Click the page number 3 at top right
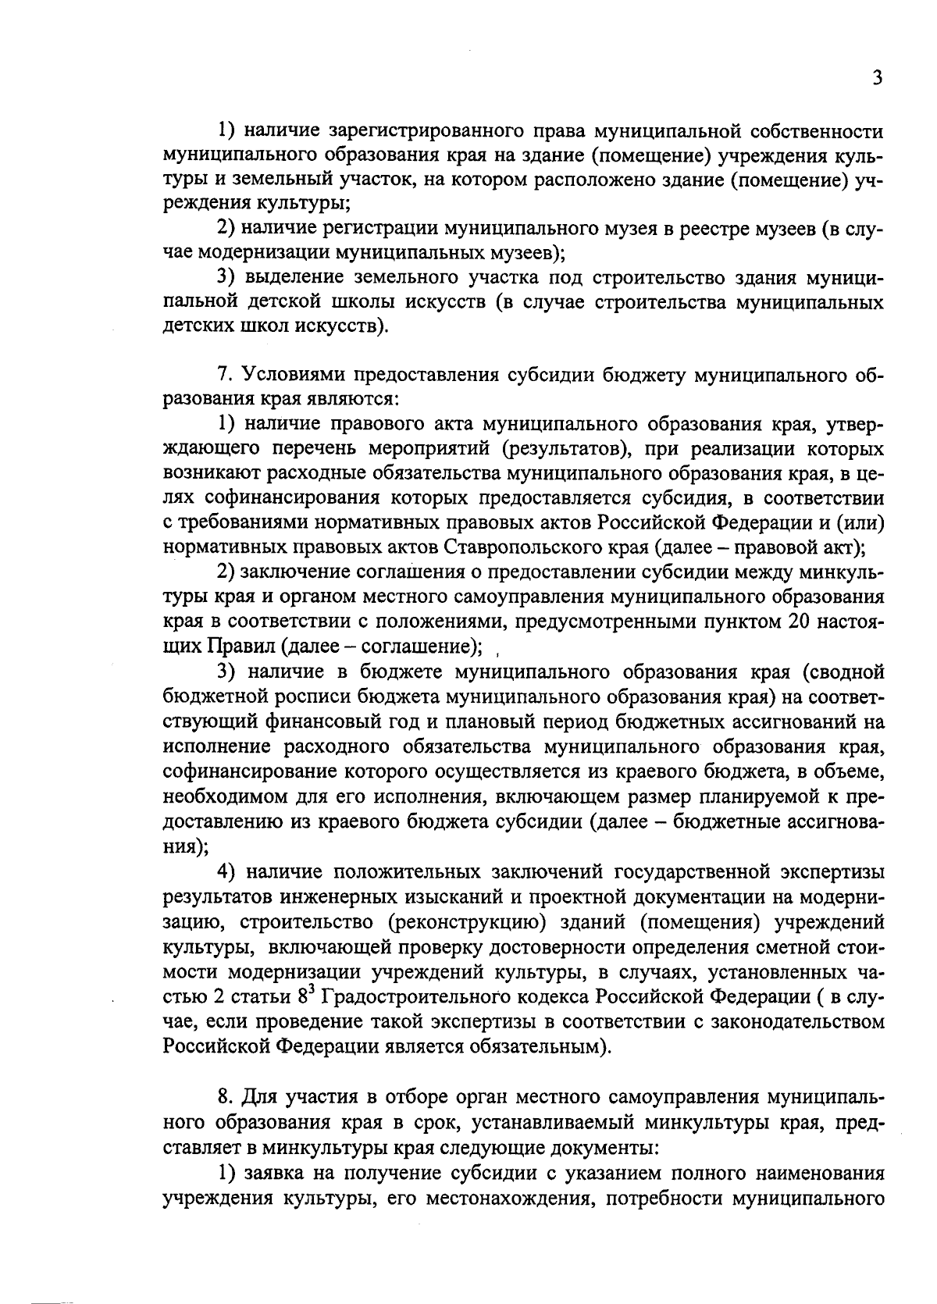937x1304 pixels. pyautogui.click(x=878, y=78)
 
